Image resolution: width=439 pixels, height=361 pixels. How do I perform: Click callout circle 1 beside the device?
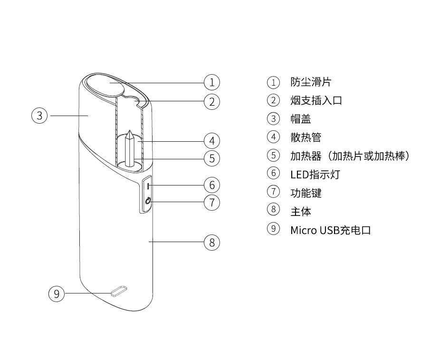pos(212,82)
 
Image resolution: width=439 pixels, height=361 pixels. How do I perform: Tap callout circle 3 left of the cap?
pos(40,115)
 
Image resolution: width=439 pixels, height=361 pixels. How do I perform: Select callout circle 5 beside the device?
pos(212,158)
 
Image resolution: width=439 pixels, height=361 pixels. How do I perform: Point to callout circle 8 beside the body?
pos(212,242)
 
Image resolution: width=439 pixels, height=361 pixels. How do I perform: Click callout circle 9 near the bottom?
pos(57,293)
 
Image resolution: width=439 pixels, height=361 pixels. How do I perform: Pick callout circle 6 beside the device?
pos(212,185)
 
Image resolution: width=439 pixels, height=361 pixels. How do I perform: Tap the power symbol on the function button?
pos(148,202)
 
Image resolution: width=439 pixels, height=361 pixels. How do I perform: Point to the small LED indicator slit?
pos(148,185)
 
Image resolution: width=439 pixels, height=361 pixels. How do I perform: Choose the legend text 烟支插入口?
pos(316,100)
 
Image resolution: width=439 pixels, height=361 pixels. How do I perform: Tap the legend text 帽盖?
pos(301,119)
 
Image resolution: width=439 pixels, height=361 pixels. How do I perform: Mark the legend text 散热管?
pos(306,137)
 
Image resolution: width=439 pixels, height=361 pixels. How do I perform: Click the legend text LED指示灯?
pos(315,174)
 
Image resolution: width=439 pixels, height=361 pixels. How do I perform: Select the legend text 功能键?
pos(306,193)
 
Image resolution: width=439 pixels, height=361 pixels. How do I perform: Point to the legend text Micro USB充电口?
pos(330,230)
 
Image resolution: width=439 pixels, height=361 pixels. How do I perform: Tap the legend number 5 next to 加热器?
pos(273,156)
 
